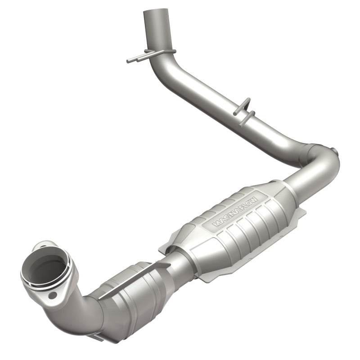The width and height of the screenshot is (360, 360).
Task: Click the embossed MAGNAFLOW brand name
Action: coord(235,209)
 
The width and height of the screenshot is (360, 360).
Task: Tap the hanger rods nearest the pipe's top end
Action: coord(143,57)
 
